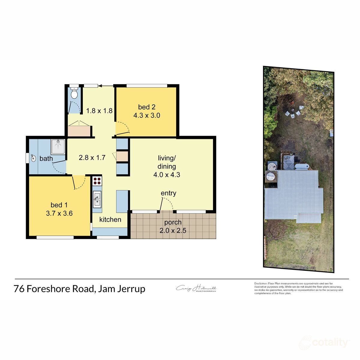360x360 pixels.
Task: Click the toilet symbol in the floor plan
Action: (x=74, y=93)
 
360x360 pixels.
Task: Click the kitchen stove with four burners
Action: (x=97, y=181)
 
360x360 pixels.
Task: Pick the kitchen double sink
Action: (x=97, y=199)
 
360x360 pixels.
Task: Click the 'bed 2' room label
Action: (x=147, y=107)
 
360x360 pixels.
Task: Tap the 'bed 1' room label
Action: (x=59, y=205)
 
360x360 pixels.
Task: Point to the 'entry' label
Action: (x=168, y=193)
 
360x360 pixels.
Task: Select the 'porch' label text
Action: (x=173, y=222)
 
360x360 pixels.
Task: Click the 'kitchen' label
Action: (x=110, y=220)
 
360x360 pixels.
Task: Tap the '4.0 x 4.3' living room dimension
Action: (x=166, y=175)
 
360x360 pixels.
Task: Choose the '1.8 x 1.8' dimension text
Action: (x=99, y=111)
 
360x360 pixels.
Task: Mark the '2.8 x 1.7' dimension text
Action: (x=92, y=157)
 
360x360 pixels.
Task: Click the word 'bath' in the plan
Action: (x=46, y=158)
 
